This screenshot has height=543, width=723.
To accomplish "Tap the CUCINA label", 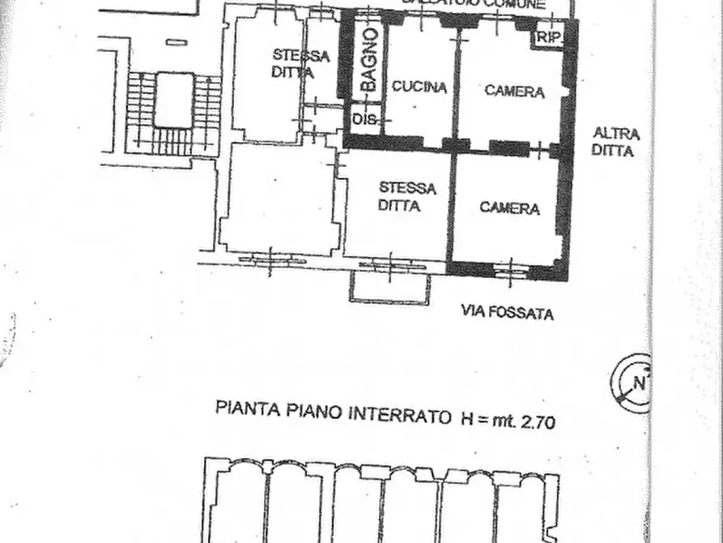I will (x=419, y=88).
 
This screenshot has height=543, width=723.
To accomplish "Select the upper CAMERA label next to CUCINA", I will (x=514, y=91).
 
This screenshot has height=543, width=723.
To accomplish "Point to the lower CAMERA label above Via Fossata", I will (x=510, y=208).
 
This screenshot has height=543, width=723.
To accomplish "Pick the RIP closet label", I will (x=549, y=38).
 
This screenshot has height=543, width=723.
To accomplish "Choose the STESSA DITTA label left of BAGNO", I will (x=300, y=64).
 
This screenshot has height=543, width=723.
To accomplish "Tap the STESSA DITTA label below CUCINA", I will (x=406, y=197).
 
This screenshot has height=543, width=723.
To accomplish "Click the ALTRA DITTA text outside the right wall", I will (x=616, y=142).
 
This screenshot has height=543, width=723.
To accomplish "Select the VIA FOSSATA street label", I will (x=508, y=312).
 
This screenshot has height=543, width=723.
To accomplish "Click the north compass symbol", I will (x=634, y=383).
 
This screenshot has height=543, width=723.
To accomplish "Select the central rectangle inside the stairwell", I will (x=174, y=99).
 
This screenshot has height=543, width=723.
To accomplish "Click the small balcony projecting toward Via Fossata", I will (x=390, y=287).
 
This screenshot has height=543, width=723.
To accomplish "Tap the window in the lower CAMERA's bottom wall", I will (x=511, y=269).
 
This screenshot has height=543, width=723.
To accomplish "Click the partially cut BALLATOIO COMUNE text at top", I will (x=474, y=5).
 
